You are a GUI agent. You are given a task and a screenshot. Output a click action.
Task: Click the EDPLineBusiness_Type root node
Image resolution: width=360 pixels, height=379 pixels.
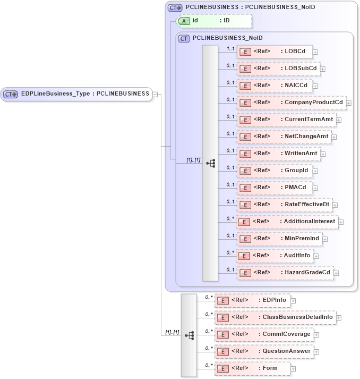coord(76,94)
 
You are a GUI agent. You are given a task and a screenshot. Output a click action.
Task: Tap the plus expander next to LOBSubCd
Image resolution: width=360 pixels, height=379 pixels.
coord(322,69)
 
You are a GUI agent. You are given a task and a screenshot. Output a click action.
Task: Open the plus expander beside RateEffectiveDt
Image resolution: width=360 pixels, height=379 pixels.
coord(335,205)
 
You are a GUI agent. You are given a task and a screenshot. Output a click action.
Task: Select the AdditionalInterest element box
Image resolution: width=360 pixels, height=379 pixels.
coord(287,222)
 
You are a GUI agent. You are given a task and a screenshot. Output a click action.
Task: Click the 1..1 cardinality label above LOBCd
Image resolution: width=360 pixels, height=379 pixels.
coord(230,48)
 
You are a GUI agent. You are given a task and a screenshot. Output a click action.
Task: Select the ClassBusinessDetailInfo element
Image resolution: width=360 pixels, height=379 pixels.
coord(275,317)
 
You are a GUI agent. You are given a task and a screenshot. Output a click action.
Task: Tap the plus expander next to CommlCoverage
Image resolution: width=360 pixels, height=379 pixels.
coord(317,335)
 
